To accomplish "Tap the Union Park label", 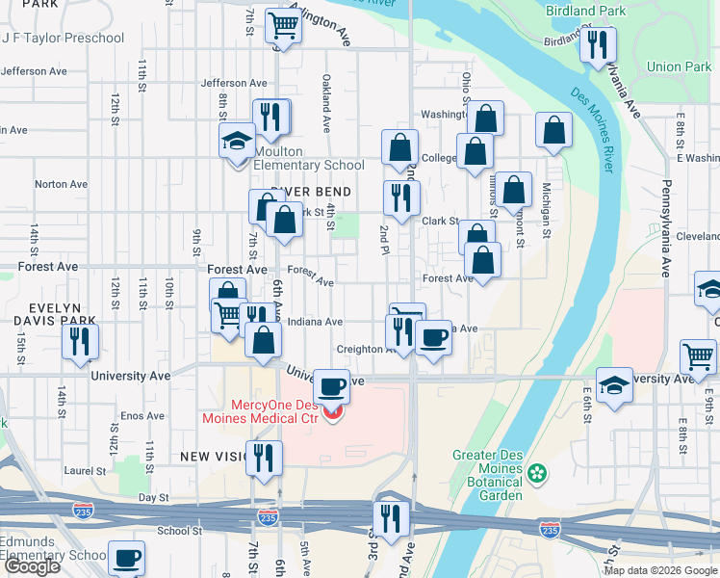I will (679, 66).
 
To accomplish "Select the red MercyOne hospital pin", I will (333, 413).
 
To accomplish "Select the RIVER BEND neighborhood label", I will (309, 191).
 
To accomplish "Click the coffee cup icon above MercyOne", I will (333, 387).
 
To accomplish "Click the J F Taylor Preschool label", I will (64, 38).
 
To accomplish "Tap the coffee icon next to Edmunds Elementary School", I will (126, 558).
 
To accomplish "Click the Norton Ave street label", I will (61, 184).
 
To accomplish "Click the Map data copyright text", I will (659, 570).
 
